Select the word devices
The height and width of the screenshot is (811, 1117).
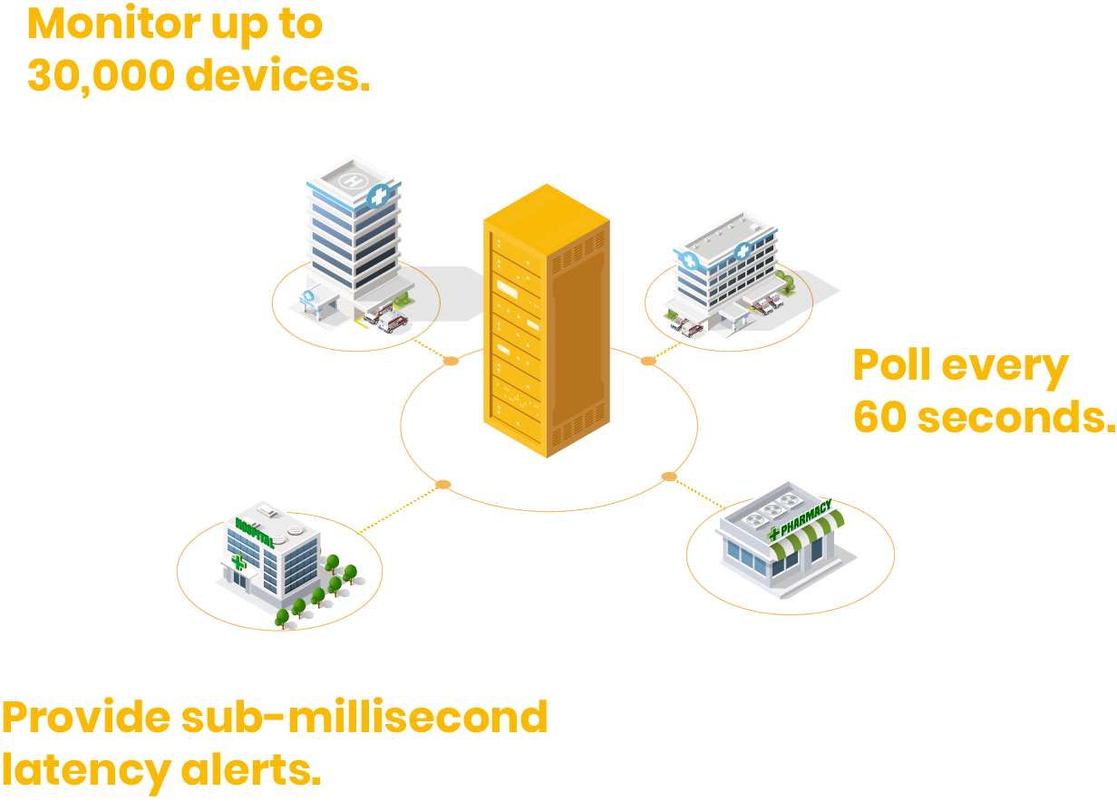pos(278,77)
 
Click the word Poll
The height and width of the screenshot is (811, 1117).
pos(890,365)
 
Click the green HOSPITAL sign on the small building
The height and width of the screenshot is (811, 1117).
pos(255,533)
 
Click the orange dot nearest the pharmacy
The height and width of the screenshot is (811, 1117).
pos(669,477)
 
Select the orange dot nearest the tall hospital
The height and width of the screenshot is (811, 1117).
pos(451,361)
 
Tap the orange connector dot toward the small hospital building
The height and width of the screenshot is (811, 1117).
pos(442,485)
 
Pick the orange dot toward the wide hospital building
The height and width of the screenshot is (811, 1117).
pos(648,361)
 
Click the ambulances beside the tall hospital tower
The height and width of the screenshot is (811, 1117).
pos(386,317)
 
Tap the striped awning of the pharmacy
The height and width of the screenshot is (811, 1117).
pos(810,536)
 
